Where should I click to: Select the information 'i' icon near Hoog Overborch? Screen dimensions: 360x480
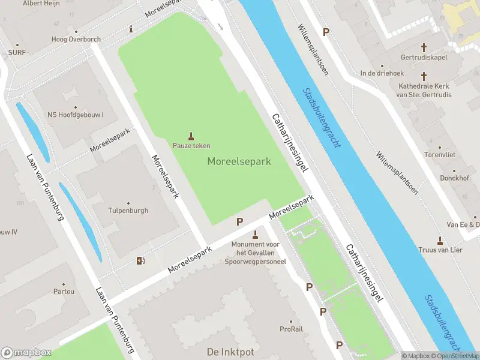tap(131, 29)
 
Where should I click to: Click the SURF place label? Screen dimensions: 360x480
tap(17, 52)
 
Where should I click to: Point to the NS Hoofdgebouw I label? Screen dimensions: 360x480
tap(76, 115)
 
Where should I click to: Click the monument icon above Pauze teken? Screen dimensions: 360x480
tap(191, 134)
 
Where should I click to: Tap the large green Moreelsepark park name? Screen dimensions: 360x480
tap(239, 161)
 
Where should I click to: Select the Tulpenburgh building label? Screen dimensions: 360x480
tap(128, 211)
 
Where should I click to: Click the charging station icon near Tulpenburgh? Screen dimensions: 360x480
tap(141, 260)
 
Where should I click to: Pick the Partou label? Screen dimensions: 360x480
tap(64, 292)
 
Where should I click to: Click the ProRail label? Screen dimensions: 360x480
tap(292, 329)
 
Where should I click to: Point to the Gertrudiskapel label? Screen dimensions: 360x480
tap(424, 58)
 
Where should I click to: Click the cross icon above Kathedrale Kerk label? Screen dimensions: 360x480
tap(424, 76)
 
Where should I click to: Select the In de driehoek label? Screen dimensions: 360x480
tap(382, 73)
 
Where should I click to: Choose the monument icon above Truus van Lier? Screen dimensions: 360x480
tap(440, 240)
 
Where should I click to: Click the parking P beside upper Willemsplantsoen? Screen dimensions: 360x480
tap(326, 32)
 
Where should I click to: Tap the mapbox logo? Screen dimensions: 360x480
tap(26, 352)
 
